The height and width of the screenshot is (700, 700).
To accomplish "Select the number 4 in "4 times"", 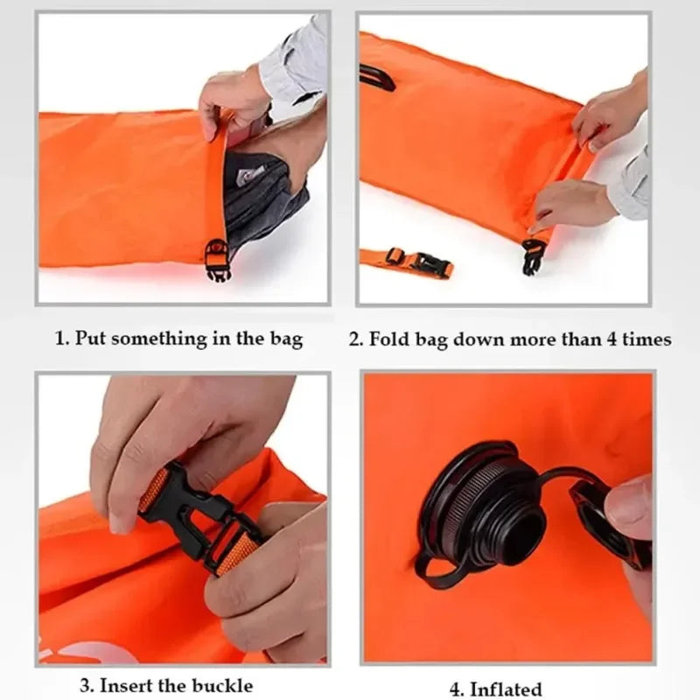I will [612, 339].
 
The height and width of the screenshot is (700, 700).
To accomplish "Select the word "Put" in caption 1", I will [90, 339].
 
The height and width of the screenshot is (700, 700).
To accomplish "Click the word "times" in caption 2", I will [648, 339].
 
